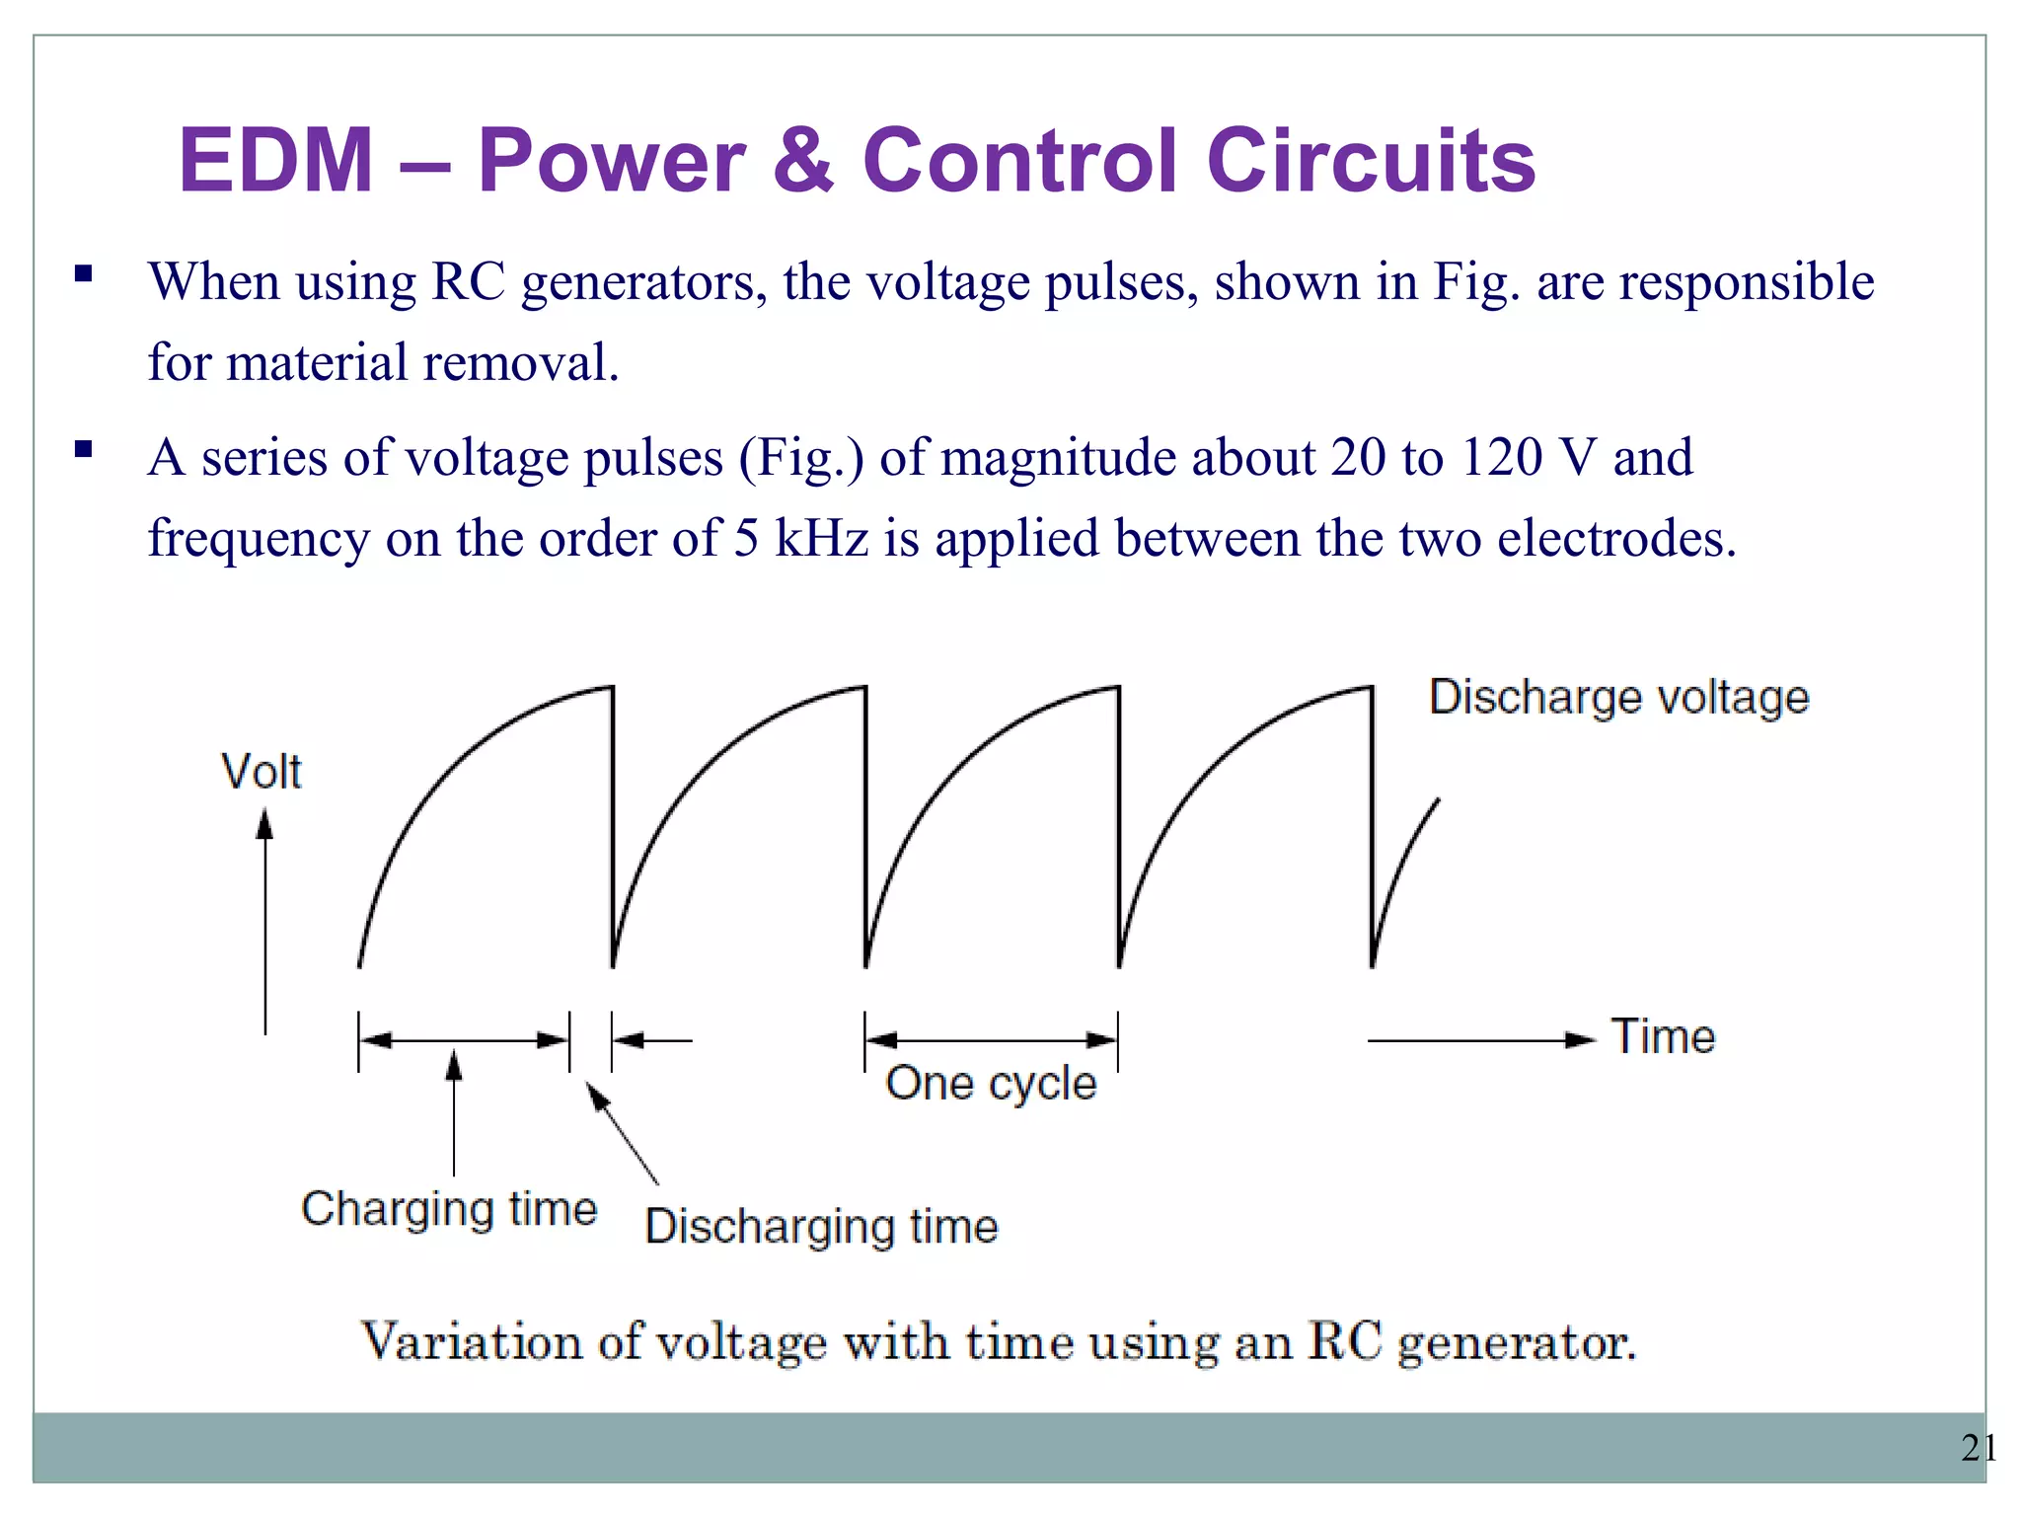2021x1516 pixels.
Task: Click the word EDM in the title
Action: [x=275, y=160]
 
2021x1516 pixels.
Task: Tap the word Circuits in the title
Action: [x=1371, y=160]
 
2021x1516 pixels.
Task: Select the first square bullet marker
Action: [x=84, y=273]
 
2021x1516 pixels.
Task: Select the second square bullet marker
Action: [x=84, y=450]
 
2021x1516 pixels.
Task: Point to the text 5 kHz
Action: [x=800, y=539]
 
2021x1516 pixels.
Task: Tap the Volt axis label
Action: [x=261, y=772]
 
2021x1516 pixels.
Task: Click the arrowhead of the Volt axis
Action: [x=264, y=824]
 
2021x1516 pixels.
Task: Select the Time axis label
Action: [x=1663, y=1037]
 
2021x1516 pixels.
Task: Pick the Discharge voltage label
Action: [x=1618, y=697]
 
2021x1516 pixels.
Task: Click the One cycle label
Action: [x=991, y=1084]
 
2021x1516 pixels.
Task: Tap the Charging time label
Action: [x=449, y=1209]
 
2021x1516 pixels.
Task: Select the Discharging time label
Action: [x=821, y=1227]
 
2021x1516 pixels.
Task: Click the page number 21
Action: [x=1979, y=1448]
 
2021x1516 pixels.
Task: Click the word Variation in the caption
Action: [x=471, y=1342]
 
